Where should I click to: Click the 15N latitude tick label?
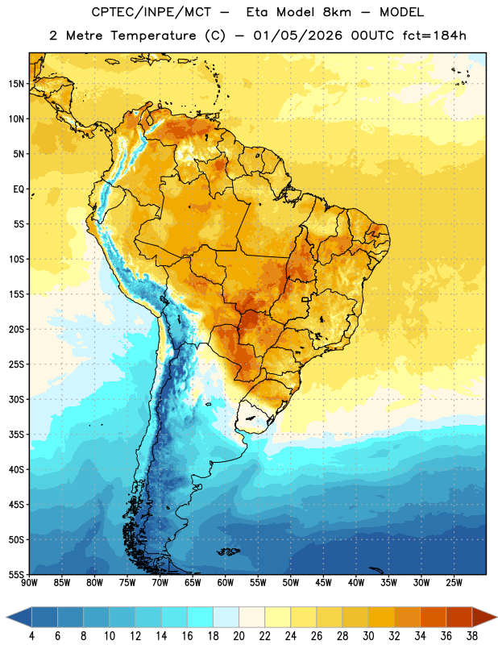point(16,84)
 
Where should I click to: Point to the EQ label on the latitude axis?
point(19,189)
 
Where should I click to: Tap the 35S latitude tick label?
point(16,435)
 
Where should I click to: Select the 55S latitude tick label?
point(16,574)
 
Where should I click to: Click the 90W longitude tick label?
point(29,583)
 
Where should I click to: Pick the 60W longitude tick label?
point(226,583)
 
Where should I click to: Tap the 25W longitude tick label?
point(454,583)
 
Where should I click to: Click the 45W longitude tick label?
point(323,583)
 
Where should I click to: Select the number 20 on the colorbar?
point(239,636)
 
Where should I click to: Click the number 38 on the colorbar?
point(471,636)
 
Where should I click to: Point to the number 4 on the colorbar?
point(31,636)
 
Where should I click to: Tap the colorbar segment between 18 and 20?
point(226,618)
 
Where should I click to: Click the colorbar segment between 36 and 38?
point(459,618)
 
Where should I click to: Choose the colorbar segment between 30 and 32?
point(381,618)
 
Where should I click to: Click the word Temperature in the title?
point(153,35)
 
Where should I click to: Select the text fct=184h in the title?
point(434,35)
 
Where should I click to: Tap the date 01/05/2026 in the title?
point(297,35)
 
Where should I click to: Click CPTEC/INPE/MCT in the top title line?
point(151,12)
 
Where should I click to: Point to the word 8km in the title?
point(337,12)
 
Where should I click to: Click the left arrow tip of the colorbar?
point(7,618)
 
